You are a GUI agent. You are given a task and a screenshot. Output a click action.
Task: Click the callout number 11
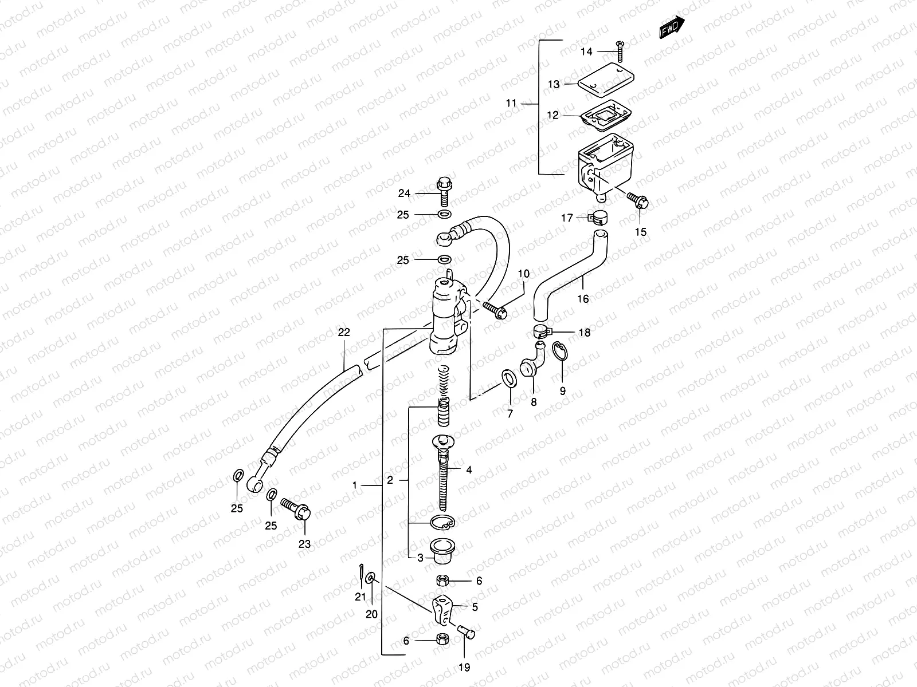click(x=511, y=104)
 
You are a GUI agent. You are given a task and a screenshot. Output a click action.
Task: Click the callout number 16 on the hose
click(x=583, y=299)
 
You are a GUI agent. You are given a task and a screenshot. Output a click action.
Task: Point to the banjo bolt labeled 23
click(x=297, y=509)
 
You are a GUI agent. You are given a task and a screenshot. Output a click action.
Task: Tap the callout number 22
click(x=343, y=332)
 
